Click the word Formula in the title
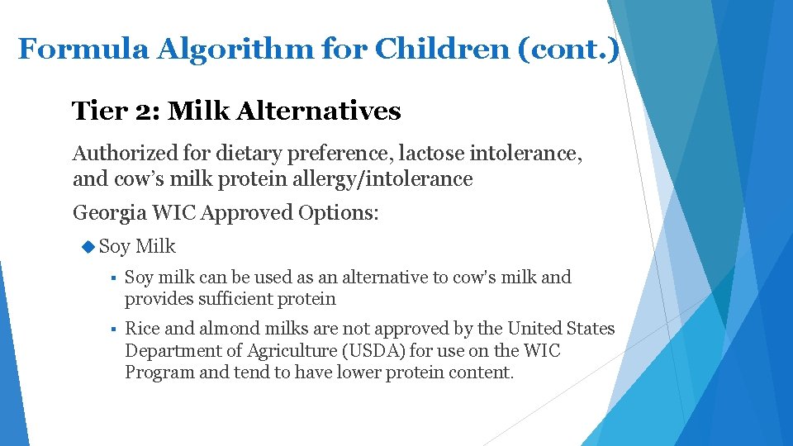pyautogui.click(x=82, y=49)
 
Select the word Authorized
pyautogui.click(x=126, y=153)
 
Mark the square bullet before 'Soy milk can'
pyautogui.click(x=110, y=278)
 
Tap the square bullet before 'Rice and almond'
pyautogui.click(x=110, y=330)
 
